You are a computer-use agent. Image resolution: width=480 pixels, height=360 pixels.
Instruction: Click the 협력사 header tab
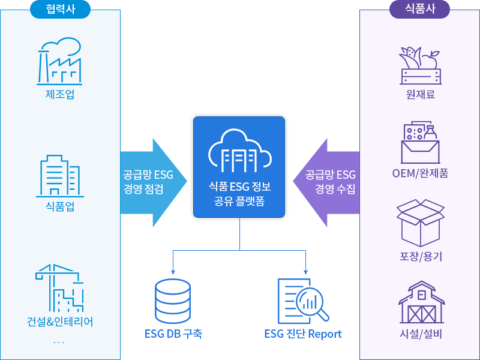point(60,8)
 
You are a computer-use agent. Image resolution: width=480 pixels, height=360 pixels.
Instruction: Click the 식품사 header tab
point(420,8)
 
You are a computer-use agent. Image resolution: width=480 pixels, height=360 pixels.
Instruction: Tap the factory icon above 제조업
point(60,61)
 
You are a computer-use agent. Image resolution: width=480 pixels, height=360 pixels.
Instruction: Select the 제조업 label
point(60,94)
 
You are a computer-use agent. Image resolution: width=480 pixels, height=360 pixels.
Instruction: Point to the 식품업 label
point(60,208)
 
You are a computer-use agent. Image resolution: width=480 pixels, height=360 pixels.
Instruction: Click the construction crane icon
point(60,287)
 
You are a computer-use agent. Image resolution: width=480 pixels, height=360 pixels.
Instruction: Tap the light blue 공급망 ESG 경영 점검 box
point(154,182)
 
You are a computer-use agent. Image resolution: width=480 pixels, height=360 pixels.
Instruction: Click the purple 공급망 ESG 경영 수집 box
point(326,182)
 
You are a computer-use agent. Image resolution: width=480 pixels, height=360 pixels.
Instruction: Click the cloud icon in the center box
point(239,150)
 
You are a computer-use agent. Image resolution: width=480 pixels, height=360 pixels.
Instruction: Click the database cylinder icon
point(172,301)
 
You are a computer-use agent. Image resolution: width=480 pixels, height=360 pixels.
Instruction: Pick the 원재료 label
point(420,94)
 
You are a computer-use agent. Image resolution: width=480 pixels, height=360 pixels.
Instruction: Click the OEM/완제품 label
point(420,174)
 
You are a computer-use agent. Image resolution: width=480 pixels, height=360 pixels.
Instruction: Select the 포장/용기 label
point(420,256)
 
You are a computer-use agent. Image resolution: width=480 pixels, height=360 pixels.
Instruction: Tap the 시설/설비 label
point(420,334)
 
